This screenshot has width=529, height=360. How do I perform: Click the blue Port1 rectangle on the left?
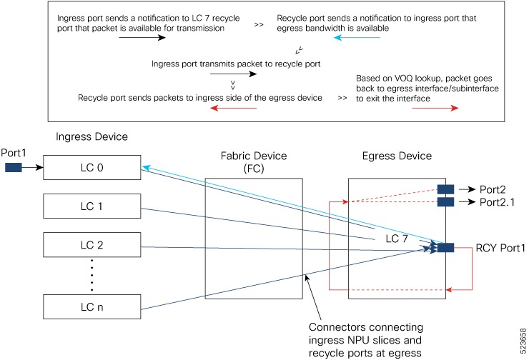(x=14, y=169)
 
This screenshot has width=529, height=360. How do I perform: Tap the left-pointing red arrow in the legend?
(x=233, y=108)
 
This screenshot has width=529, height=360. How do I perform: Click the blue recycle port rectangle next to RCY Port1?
(x=445, y=247)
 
